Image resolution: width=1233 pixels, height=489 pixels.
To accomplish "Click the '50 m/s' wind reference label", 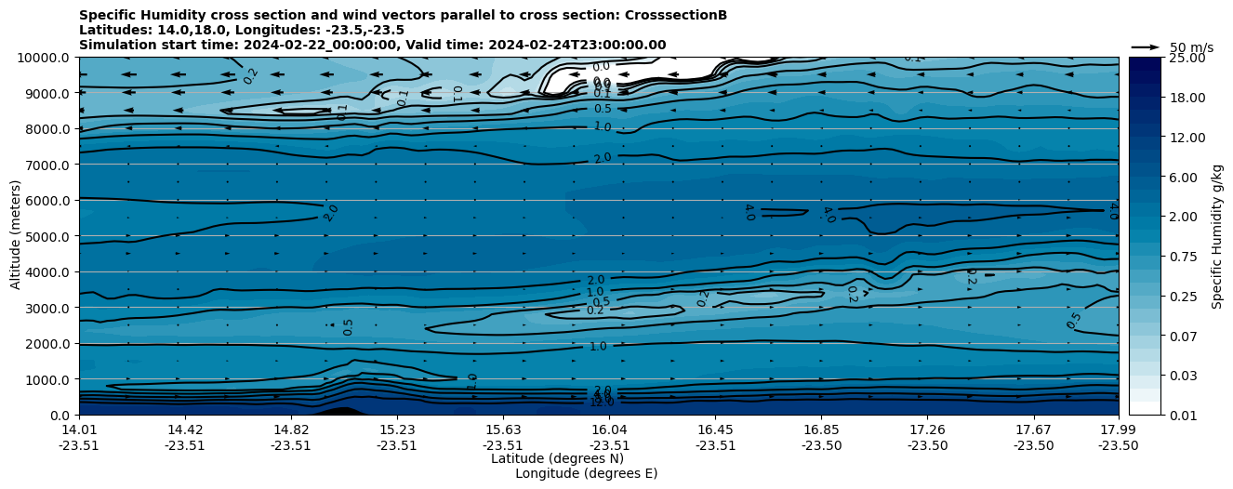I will (1191, 47).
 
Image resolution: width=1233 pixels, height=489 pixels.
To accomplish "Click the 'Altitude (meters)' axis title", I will (16, 236).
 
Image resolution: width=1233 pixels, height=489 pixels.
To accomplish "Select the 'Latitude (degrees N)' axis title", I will (557, 458).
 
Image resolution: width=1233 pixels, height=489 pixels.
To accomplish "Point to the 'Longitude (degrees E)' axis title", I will (586, 473).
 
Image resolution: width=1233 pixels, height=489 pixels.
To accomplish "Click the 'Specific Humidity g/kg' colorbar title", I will (1218, 236).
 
